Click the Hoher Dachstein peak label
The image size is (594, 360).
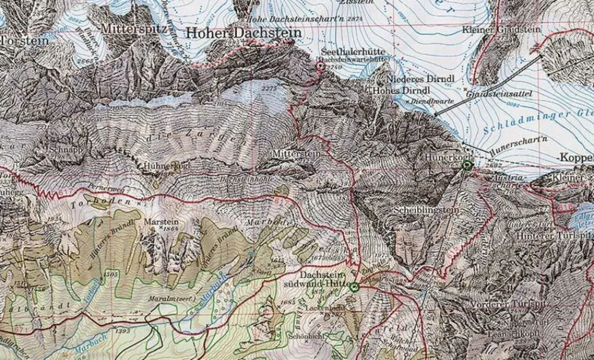tap(244, 34)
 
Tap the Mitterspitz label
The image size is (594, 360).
tap(129, 28)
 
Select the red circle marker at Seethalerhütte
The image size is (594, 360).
tap(321, 67)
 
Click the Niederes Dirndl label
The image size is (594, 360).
tap(415, 79)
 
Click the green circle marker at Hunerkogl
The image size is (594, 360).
tap(467, 166)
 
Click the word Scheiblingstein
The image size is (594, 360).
tap(419, 210)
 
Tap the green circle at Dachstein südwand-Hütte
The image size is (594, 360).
tap(355, 288)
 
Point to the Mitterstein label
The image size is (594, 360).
tap(296, 153)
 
